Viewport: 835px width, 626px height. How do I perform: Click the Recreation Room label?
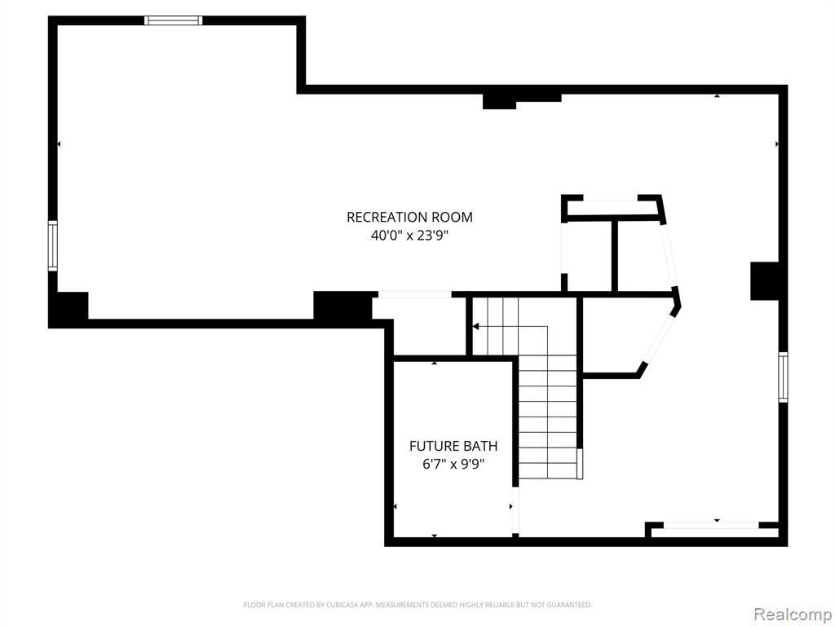pos(409,217)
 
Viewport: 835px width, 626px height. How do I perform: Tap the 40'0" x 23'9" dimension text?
pos(409,236)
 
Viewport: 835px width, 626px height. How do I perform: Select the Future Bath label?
pos(453,446)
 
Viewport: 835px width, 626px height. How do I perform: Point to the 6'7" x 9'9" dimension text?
pos(453,464)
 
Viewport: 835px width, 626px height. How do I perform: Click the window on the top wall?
pos(174,20)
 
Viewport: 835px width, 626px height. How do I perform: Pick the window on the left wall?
pos(53,246)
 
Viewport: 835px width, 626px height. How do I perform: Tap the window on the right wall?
pos(783,377)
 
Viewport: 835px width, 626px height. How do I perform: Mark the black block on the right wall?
pos(765,281)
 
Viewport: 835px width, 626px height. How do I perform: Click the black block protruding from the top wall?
pos(500,101)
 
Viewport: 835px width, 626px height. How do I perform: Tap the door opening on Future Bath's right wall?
pos(515,509)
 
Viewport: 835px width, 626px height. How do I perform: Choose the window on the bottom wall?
pos(711,526)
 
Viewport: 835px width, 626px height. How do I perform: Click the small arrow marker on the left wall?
pos(59,144)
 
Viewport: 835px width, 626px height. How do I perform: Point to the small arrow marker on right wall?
pos(777,144)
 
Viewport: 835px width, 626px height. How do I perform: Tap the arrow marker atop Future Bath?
pos(435,363)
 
